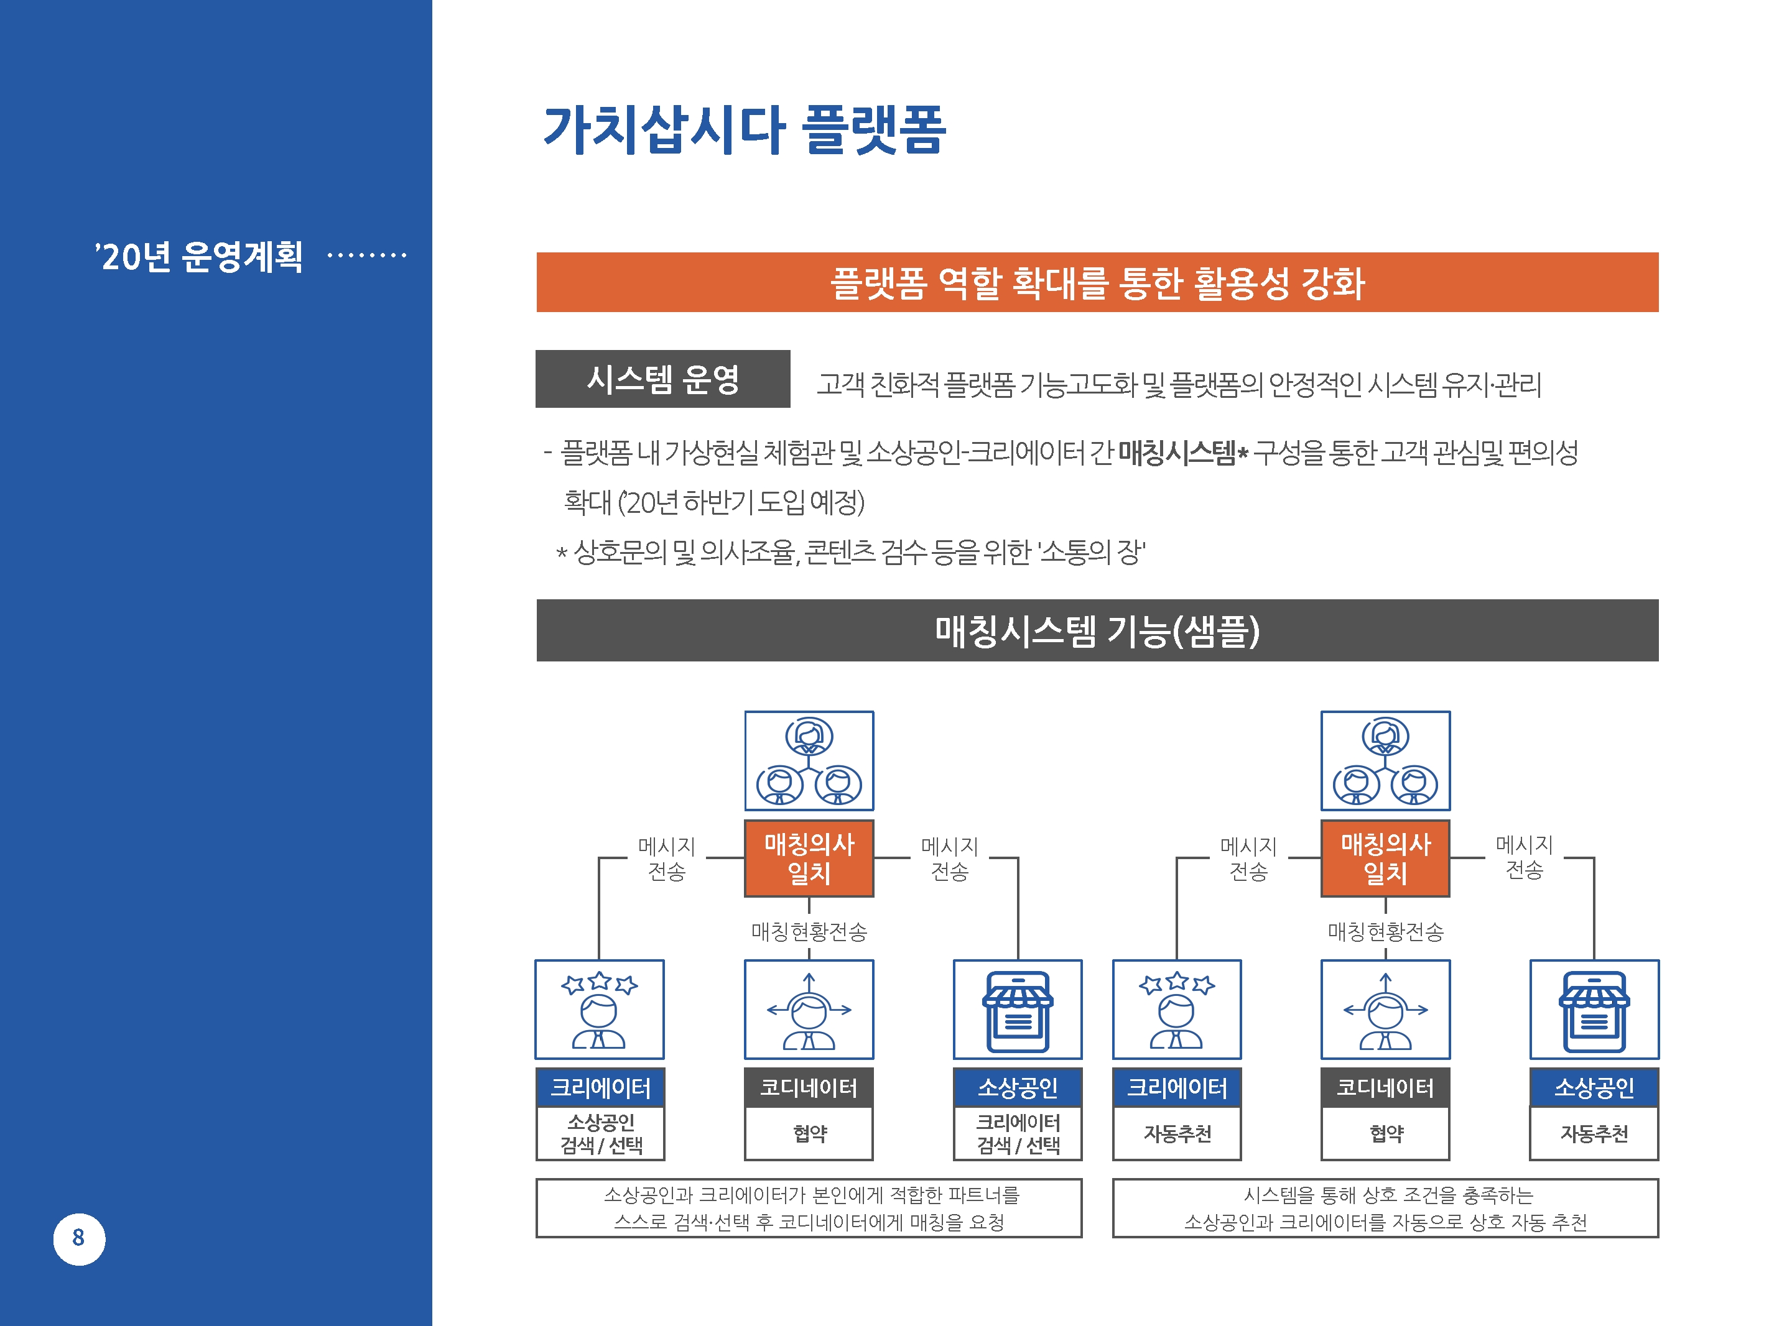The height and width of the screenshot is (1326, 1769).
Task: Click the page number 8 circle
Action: coord(78,1239)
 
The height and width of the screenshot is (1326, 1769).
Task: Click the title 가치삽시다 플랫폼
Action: coord(744,129)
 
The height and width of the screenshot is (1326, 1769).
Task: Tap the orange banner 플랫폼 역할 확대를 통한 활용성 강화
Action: coord(1097,282)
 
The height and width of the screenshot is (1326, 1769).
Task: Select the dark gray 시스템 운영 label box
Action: coord(663,379)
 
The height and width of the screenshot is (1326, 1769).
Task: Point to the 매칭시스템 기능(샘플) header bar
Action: coord(1097,630)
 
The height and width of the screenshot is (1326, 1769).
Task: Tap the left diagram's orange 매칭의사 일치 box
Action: coord(809,859)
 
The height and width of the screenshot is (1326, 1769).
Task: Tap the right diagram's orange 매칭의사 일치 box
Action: coord(1385,859)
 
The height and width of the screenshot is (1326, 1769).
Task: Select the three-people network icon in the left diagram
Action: coord(809,761)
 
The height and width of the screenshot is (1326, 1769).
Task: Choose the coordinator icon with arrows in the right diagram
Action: coord(1385,1010)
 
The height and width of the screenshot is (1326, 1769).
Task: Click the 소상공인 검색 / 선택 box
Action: coord(601,1133)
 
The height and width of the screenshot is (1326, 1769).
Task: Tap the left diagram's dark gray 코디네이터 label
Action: coord(809,1088)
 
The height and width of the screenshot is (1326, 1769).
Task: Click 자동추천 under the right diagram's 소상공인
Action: coord(1594,1133)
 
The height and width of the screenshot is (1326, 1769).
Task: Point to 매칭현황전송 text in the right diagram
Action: coord(1386,932)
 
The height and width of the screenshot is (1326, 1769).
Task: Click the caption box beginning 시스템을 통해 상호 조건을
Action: coord(1385,1208)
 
